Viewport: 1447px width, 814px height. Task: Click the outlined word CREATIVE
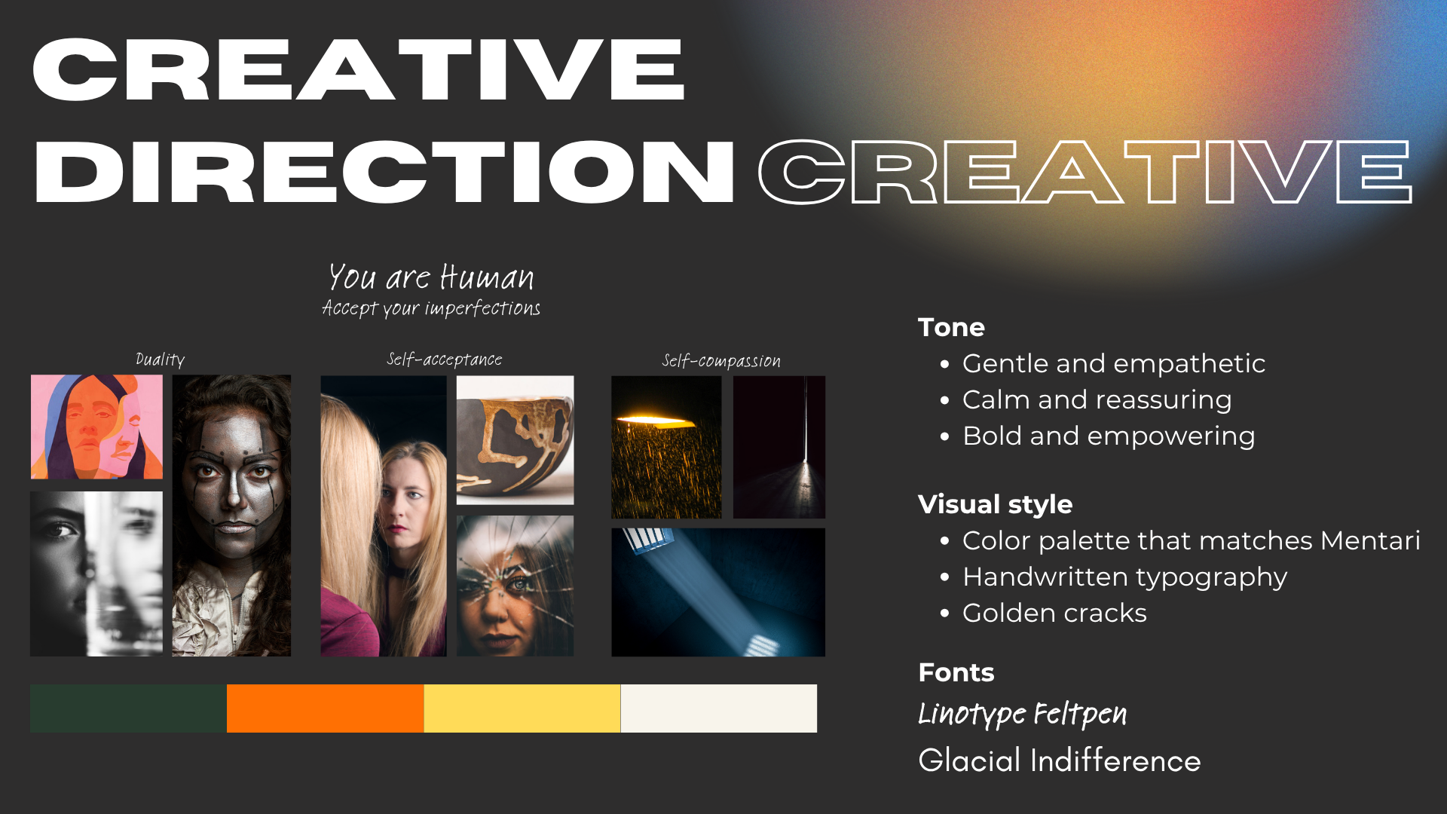pyautogui.click(x=1084, y=172)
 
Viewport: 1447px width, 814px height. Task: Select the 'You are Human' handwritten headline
pyautogui.click(x=431, y=277)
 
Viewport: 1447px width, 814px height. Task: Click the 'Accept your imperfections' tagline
pyautogui.click(x=431, y=308)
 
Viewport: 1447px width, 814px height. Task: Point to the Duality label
pyautogui.click(x=160, y=360)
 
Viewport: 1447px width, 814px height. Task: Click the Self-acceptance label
pyautogui.click(x=445, y=360)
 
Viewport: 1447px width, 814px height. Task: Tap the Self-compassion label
pyautogui.click(x=721, y=361)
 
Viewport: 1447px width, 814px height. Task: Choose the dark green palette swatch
pyautogui.click(x=128, y=708)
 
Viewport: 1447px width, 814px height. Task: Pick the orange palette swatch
pyautogui.click(x=326, y=708)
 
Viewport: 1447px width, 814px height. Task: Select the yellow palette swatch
pyautogui.click(x=522, y=708)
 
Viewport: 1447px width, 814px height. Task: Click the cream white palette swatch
pyautogui.click(x=719, y=708)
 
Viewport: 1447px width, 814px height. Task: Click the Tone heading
pyautogui.click(x=951, y=327)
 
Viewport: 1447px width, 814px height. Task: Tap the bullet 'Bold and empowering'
pyautogui.click(x=1109, y=436)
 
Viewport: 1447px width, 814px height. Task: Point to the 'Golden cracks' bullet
pyautogui.click(x=1054, y=613)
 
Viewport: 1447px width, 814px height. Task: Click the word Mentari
pyautogui.click(x=1370, y=540)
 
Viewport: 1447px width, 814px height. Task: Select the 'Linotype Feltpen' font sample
pyautogui.click(x=1023, y=714)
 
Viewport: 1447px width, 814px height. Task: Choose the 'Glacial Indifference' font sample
pyautogui.click(x=1060, y=760)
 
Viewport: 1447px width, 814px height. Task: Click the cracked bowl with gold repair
pyautogui.click(x=515, y=440)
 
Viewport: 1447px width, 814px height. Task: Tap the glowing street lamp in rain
pyautogui.click(x=666, y=447)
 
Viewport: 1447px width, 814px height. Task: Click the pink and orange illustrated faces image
pyautogui.click(x=96, y=427)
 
